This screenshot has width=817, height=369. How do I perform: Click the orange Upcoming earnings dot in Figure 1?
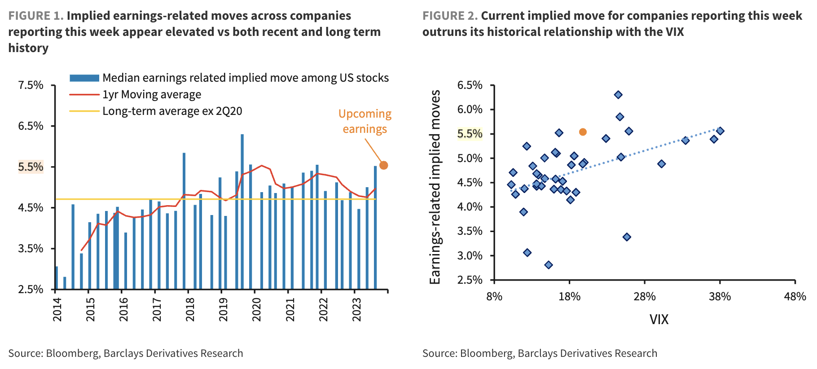point(383,165)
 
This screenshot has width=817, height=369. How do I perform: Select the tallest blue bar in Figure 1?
point(242,211)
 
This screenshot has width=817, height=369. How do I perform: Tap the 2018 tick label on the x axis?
point(190,309)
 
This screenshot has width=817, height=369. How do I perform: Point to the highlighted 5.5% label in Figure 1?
point(31,167)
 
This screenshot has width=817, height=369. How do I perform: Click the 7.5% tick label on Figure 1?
point(31,85)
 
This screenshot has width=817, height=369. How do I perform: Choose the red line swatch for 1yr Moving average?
point(84,95)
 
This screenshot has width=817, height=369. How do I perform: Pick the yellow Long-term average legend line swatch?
point(84,111)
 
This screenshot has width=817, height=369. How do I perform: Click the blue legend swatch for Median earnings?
point(84,78)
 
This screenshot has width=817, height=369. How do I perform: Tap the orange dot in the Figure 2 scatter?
point(583,132)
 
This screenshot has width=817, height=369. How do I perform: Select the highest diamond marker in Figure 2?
point(618,95)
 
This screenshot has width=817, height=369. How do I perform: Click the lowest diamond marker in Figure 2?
point(548,265)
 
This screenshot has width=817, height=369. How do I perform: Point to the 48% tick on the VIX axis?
point(795,297)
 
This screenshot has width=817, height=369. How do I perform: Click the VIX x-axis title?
point(659,319)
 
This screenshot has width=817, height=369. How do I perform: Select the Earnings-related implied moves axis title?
point(435,187)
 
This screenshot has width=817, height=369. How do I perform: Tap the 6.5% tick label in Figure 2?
point(470,85)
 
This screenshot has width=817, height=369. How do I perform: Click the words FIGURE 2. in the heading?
point(450,16)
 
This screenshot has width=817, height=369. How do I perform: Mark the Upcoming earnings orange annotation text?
point(365,121)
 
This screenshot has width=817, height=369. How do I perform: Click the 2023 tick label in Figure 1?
point(356,309)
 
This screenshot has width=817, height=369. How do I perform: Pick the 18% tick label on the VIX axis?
point(569,297)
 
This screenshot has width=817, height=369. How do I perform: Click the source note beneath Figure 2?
point(540,353)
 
